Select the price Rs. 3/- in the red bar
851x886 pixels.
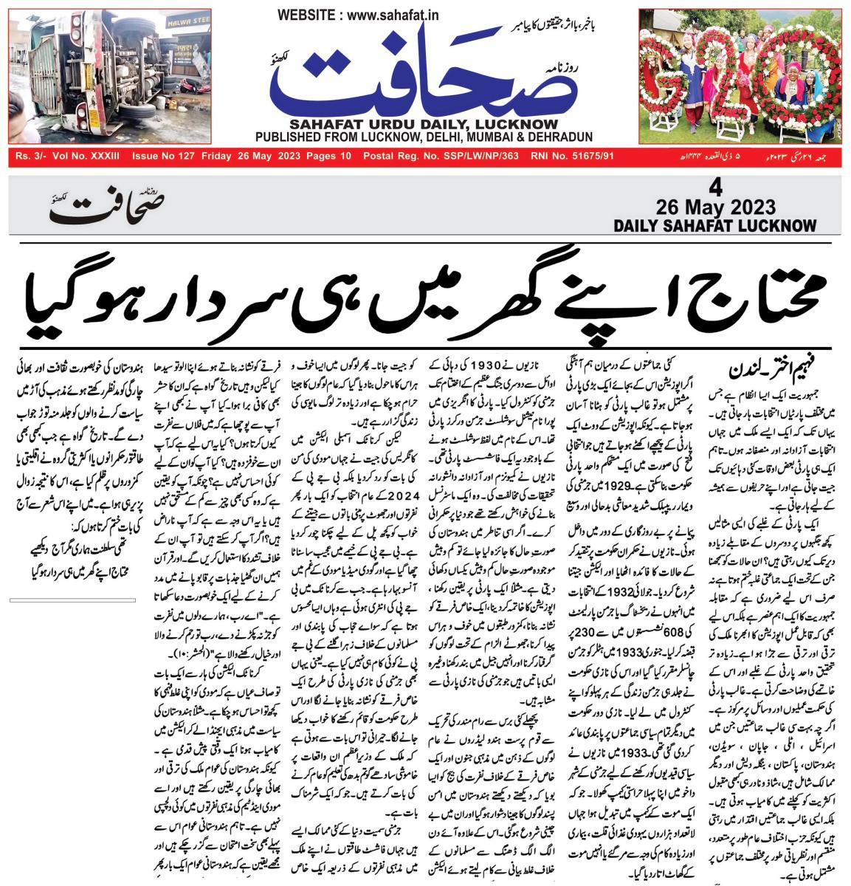32,157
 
